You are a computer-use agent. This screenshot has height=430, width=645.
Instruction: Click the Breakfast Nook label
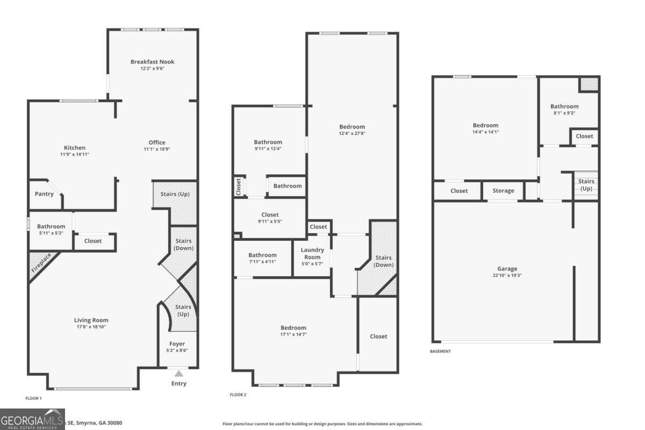click(152, 62)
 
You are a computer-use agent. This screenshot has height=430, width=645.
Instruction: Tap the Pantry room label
click(44, 194)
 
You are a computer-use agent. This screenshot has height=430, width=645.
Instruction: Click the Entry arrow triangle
click(178, 374)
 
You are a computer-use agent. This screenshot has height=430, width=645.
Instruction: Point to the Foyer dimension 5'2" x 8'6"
click(177, 350)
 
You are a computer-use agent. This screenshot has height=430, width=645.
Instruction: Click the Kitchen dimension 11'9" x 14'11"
click(75, 154)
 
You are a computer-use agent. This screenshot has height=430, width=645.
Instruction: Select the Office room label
click(157, 142)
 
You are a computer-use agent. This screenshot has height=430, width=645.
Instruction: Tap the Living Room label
click(91, 320)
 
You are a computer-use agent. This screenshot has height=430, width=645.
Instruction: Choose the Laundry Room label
click(312, 253)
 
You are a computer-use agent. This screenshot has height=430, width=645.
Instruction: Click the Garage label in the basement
click(507, 269)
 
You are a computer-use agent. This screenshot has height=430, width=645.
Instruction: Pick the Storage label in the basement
click(503, 191)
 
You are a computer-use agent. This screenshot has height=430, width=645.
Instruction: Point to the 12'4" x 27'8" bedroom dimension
click(352, 133)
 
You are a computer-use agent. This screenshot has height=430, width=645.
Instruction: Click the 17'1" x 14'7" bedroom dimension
click(293, 334)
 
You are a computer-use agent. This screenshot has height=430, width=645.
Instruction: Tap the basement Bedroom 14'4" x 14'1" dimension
click(485, 132)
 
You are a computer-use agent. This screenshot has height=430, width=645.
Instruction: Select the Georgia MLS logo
click(32, 419)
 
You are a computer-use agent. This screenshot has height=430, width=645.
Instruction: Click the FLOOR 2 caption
click(238, 395)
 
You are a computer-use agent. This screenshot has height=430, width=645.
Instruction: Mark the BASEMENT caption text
click(440, 352)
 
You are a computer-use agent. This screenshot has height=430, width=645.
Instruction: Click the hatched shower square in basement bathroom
click(589, 84)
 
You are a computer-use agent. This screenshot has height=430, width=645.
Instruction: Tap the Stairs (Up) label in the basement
click(586, 185)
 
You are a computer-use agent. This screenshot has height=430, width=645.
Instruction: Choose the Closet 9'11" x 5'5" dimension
click(270, 221)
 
